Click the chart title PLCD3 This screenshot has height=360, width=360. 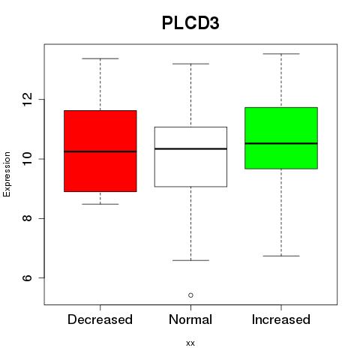[x=190, y=23]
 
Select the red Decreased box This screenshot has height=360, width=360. [x=100, y=151]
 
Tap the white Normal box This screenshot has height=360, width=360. [x=190, y=157]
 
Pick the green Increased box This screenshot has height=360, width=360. [x=281, y=138]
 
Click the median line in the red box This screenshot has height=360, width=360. [x=100, y=151]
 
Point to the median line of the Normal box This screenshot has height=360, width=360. [x=190, y=148]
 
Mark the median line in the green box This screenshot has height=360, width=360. [x=281, y=143]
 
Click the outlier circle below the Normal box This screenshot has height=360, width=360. [x=190, y=295]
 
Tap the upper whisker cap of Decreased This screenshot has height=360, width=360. [x=100, y=58]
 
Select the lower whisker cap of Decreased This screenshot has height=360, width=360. [x=100, y=204]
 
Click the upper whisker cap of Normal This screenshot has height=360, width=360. [x=190, y=64]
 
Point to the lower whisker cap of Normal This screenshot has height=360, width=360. [x=190, y=260]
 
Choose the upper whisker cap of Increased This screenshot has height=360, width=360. [x=281, y=53]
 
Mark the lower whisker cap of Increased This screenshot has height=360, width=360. [x=281, y=256]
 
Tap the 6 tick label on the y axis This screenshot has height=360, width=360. [x=27, y=277]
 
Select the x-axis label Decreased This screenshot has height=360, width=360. [x=100, y=319]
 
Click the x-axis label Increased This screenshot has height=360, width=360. [x=281, y=319]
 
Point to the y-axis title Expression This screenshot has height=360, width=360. [x=7, y=174]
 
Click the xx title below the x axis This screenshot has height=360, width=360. [x=190, y=343]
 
